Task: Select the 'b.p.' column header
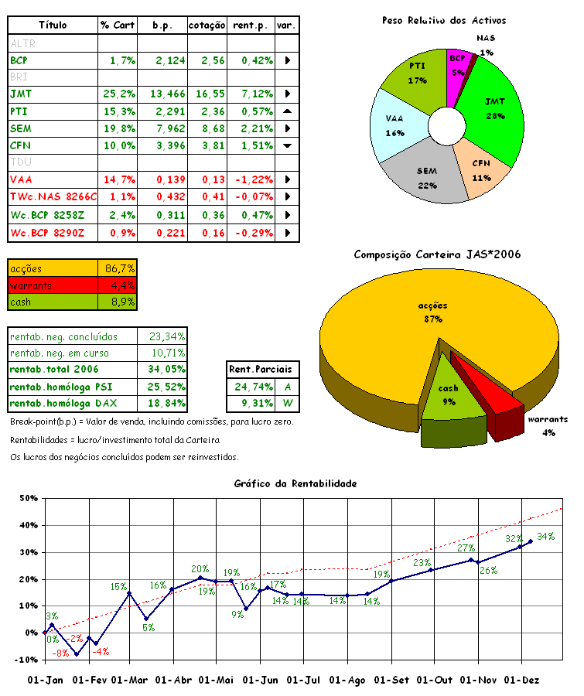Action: point(162,26)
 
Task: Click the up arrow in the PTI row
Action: point(287,111)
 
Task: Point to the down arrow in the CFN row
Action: point(287,145)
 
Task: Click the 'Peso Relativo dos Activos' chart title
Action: point(444,20)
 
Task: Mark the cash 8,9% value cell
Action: point(118,302)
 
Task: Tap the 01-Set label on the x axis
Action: point(391,680)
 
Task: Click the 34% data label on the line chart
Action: point(545,536)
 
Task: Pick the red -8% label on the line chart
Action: point(60,653)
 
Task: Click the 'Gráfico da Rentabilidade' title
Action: point(295,483)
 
